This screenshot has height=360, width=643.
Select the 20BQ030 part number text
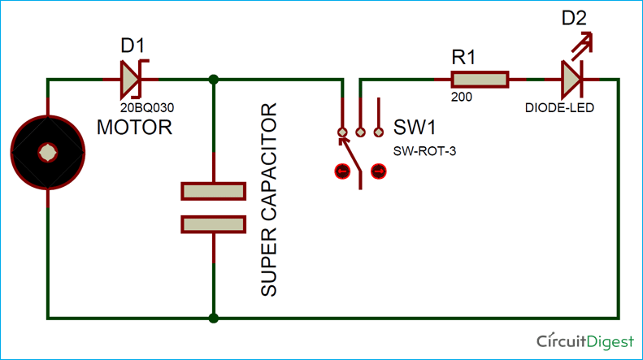[x=146, y=106]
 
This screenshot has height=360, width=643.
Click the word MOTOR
[x=134, y=128]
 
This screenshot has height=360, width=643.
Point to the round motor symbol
[x=48, y=152]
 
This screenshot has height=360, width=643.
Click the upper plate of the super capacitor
[x=213, y=192]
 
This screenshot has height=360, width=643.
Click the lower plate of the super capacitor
[x=213, y=224]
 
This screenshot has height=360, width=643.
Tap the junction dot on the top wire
[x=213, y=80]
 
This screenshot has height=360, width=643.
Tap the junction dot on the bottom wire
[x=213, y=318]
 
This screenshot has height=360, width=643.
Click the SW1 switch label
[x=414, y=128]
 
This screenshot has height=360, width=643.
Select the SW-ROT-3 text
[x=419, y=150]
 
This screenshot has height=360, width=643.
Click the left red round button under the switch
[x=341, y=171]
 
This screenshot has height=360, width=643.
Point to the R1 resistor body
[x=480, y=80]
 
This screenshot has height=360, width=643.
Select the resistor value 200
[x=461, y=96]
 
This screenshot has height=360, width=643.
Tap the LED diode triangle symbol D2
[x=572, y=80]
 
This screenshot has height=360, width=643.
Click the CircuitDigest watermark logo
[x=585, y=340]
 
